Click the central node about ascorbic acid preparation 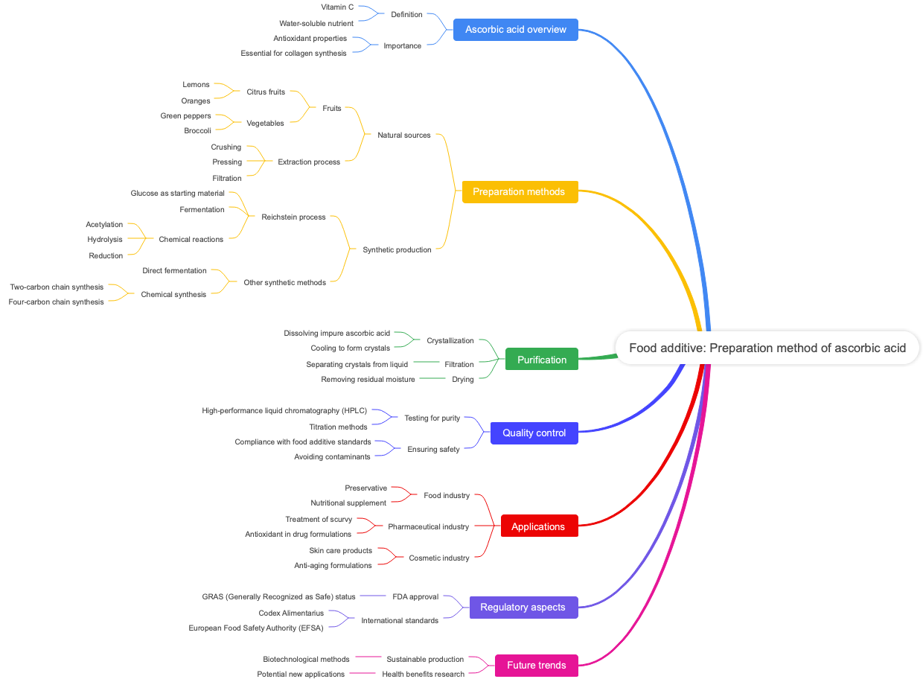(x=767, y=348)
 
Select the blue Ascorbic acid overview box (x=516, y=30)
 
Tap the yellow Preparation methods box (x=520, y=191)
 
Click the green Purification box (x=541, y=360)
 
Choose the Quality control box (x=534, y=433)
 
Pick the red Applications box (x=538, y=526)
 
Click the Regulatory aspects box (x=523, y=607)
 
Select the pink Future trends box (x=536, y=665)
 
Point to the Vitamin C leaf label (x=337, y=7)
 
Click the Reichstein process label (x=293, y=217)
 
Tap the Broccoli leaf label (x=197, y=130)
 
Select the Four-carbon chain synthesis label (x=57, y=302)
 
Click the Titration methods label (x=338, y=427)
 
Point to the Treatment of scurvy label (x=319, y=519)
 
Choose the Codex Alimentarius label (x=291, y=613)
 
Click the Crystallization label (x=450, y=340)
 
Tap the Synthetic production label (x=397, y=249)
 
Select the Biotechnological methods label (x=306, y=659)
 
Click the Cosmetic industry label (x=439, y=558)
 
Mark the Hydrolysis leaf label (x=105, y=239)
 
